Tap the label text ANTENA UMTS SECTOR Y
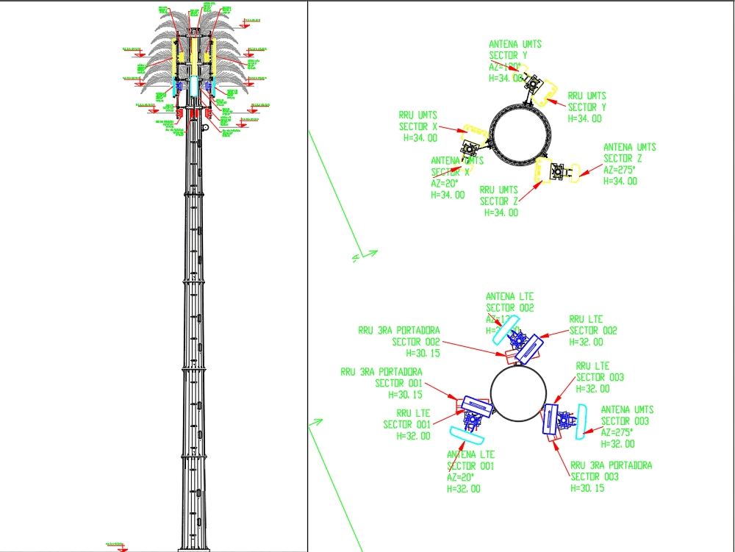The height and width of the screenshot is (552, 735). (515, 50)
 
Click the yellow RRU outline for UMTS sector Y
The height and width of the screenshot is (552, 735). (548, 94)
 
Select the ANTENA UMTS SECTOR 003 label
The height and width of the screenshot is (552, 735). (627, 415)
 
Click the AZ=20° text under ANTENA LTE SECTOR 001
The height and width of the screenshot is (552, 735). (462, 478)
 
